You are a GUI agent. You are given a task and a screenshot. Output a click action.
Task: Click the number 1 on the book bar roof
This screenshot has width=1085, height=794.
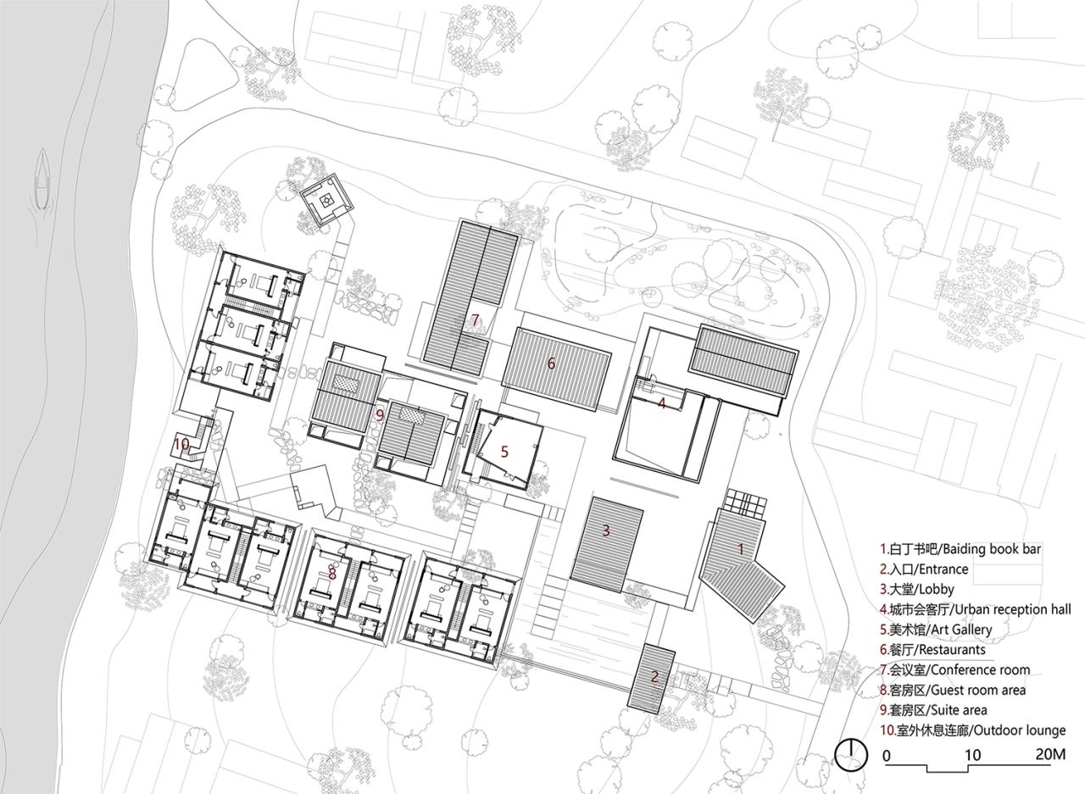(740, 549)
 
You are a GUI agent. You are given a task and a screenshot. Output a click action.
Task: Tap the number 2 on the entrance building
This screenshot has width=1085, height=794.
(654, 676)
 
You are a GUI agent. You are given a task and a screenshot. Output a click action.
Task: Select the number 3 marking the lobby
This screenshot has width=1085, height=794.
(606, 531)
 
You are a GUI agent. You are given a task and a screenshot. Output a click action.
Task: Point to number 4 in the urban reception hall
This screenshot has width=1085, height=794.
(662, 404)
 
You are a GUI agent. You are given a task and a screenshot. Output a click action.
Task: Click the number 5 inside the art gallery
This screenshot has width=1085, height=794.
(504, 452)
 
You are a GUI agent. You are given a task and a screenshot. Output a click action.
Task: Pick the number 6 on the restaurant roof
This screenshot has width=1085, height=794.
(551, 364)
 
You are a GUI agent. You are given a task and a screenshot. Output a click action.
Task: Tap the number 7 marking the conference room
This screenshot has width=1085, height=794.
(476, 319)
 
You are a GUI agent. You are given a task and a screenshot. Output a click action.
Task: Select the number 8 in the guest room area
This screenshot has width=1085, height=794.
(332, 574)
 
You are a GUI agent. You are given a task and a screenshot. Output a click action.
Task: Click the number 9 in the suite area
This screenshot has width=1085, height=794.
(380, 414)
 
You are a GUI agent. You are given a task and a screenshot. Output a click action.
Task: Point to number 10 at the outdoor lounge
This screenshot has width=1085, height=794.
(181, 443)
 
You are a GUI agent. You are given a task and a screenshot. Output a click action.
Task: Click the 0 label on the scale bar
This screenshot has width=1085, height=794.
(887, 754)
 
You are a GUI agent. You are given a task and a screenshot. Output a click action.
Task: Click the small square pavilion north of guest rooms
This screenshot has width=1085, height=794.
(325, 201)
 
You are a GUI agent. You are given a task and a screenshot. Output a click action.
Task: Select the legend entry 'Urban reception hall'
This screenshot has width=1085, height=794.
(975, 609)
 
